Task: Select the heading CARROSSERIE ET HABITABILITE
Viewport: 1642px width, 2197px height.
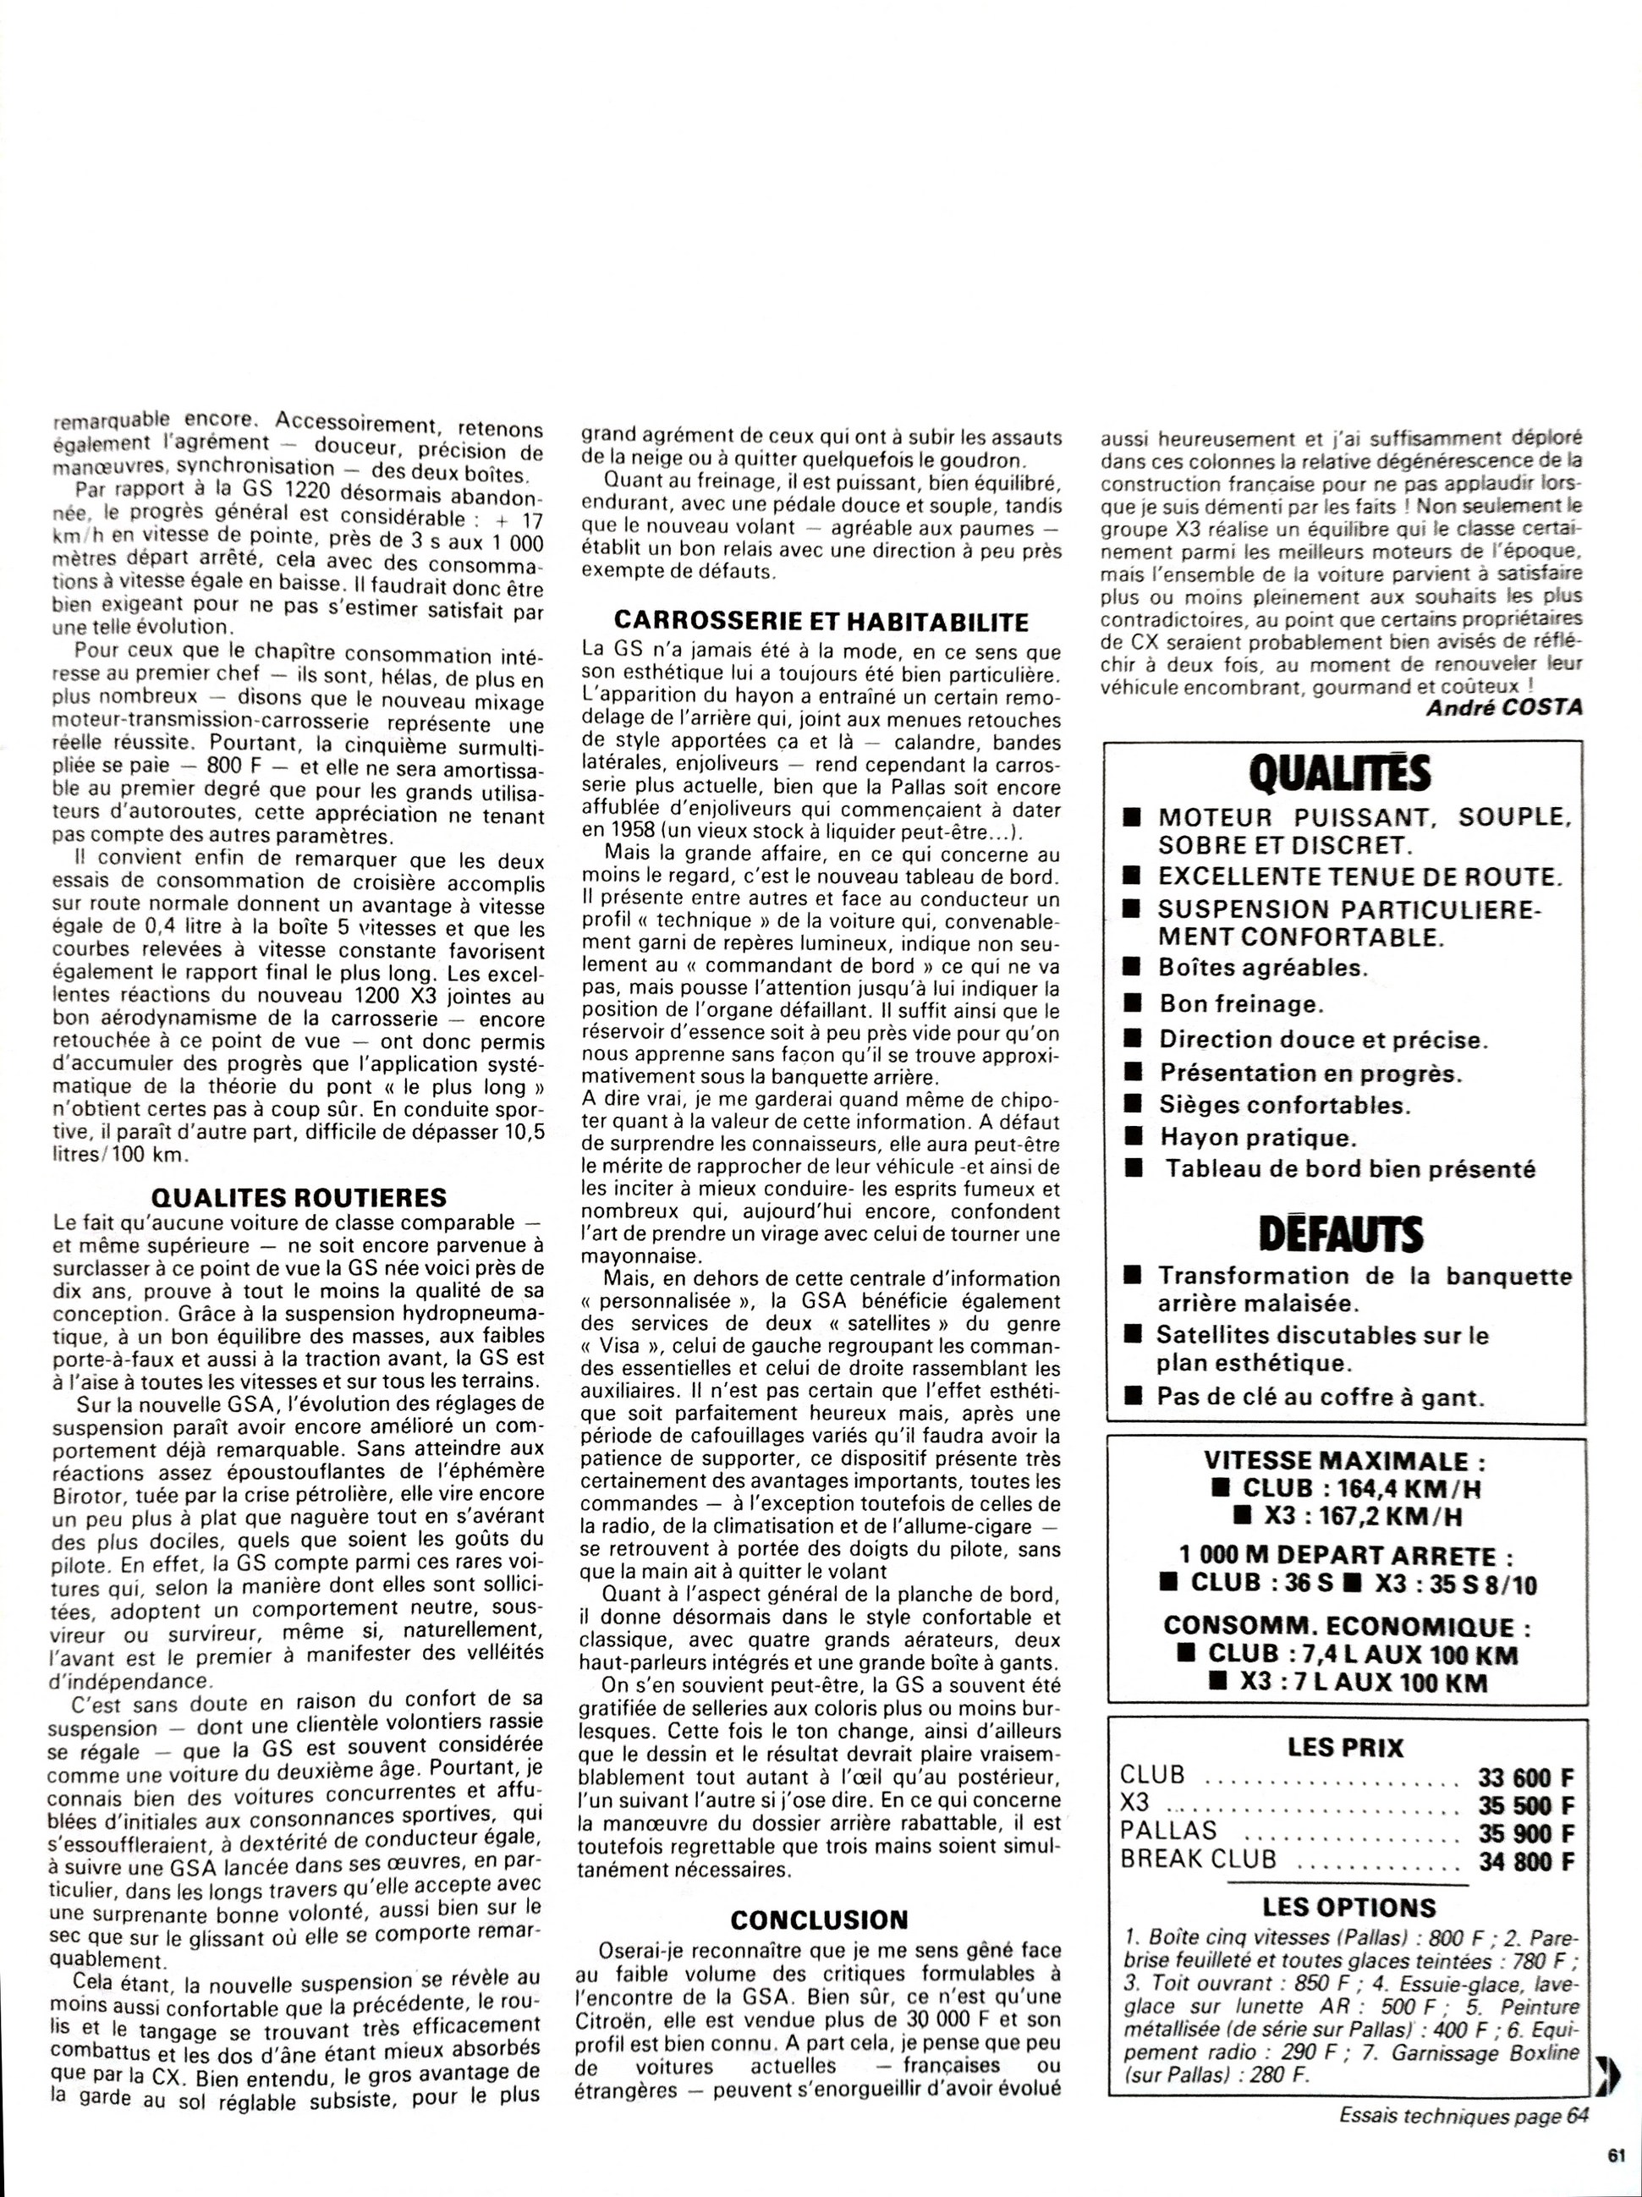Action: click(821, 621)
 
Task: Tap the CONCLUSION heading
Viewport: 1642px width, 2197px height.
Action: click(820, 1919)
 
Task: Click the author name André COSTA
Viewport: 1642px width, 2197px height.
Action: click(1504, 707)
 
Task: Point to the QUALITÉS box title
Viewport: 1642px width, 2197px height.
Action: click(1341, 772)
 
